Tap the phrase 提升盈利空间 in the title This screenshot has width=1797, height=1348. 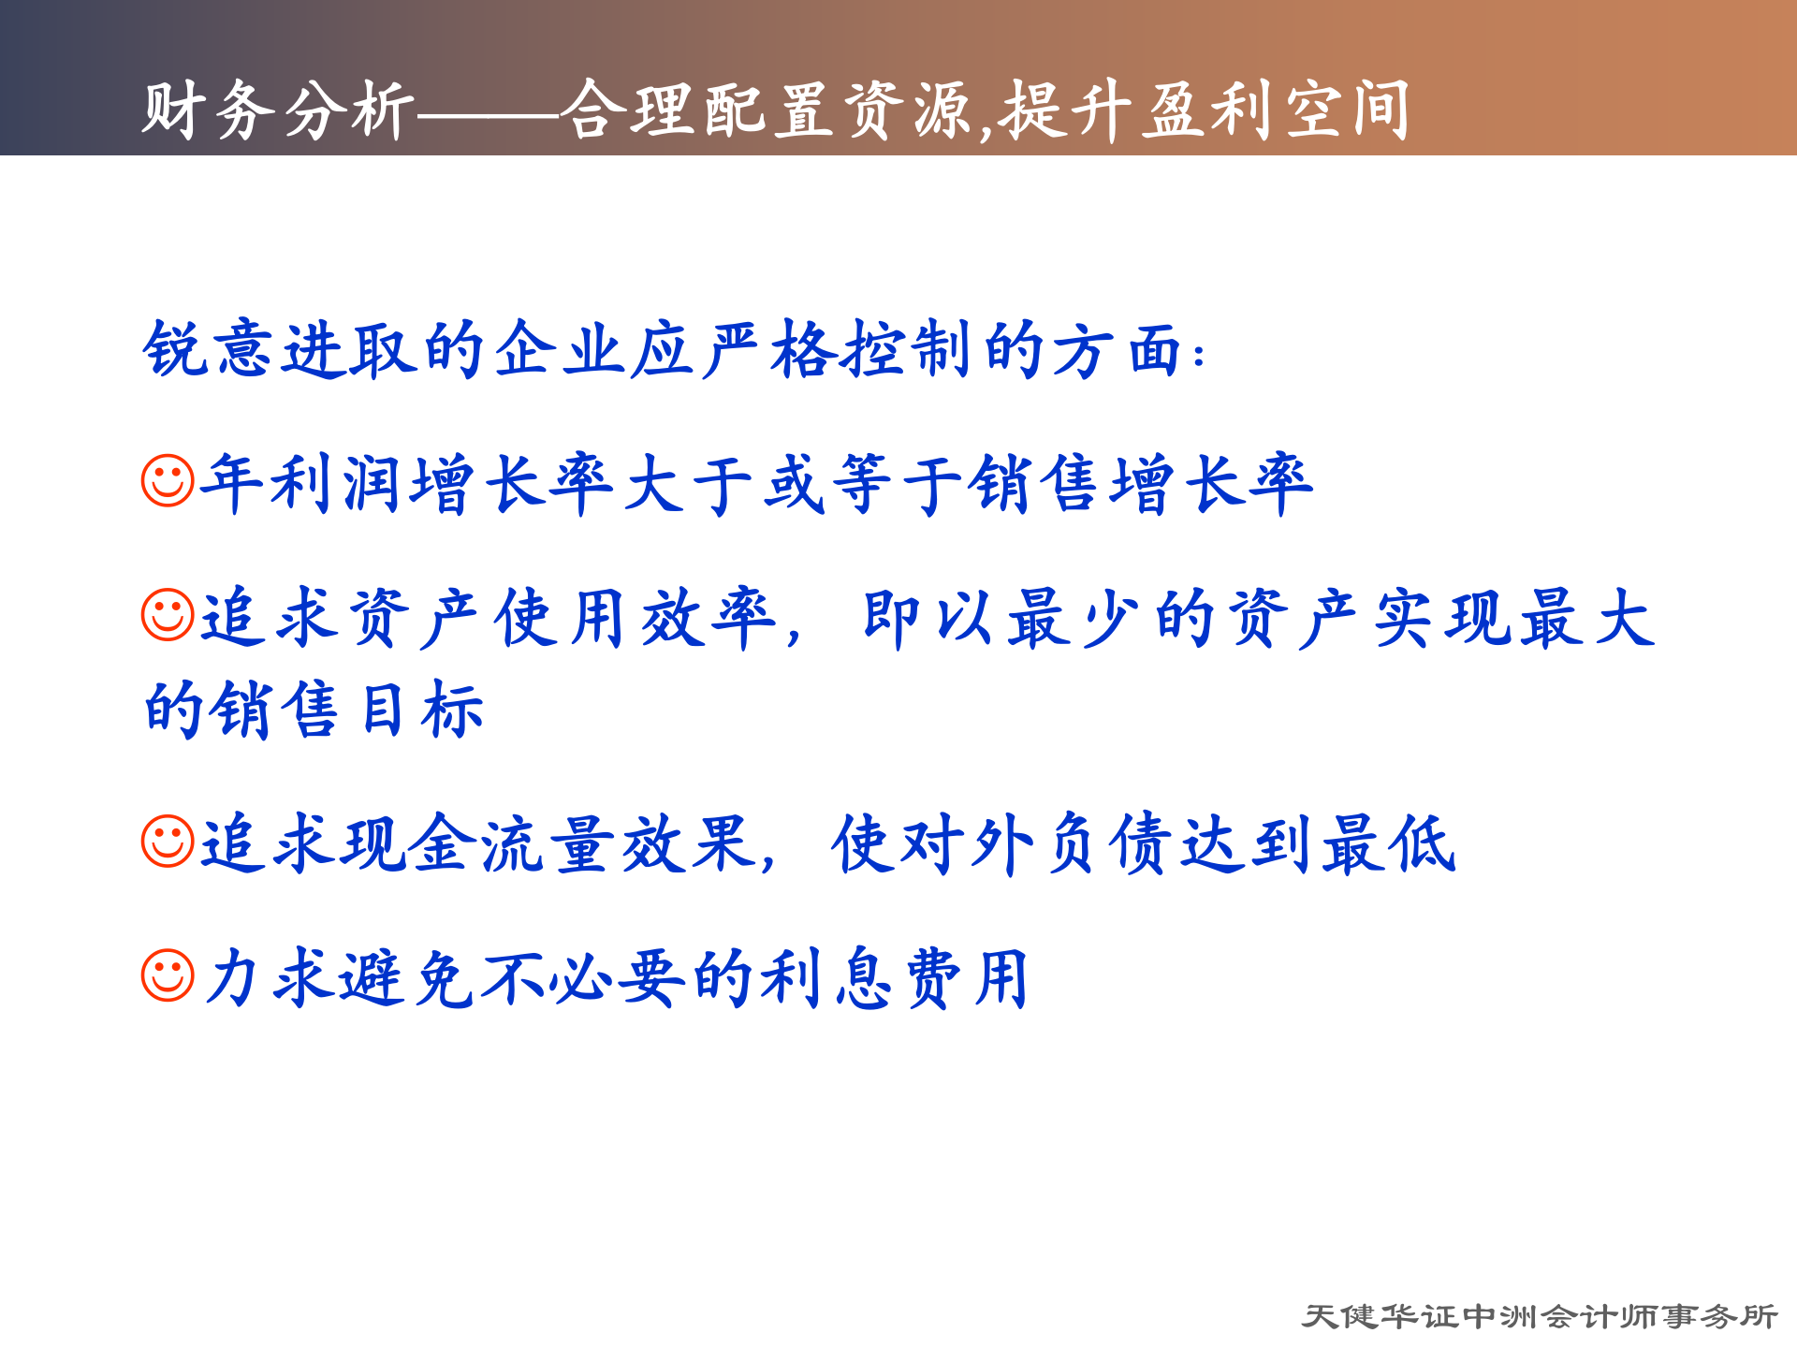(x=1204, y=110)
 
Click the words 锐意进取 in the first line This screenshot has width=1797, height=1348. (x=279, y=350)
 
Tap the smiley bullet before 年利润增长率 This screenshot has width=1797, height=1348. (x=168, y=481)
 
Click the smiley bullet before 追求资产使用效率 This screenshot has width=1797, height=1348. (x=168, y=615)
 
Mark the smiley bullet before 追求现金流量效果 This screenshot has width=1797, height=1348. (x=168, y=841)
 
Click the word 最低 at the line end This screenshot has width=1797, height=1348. (x=1389, y=843)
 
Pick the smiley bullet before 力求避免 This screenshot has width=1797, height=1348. (x=168, y=975)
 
